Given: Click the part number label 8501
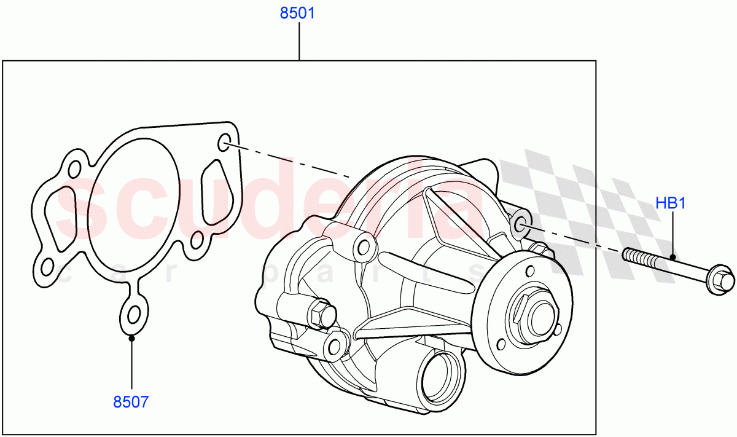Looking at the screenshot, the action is click(x=297, y=13).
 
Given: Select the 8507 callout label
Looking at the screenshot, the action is click(x=131, y=402).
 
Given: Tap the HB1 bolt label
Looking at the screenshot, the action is click(x=671, y=203).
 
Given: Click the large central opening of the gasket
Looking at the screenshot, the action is click(x=134, y=205).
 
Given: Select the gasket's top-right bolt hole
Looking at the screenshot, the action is click(x=224, y=142).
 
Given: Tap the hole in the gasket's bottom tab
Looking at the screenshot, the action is click(x=133, y=315).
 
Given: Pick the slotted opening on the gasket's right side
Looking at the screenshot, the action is click(x=217, y=192).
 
